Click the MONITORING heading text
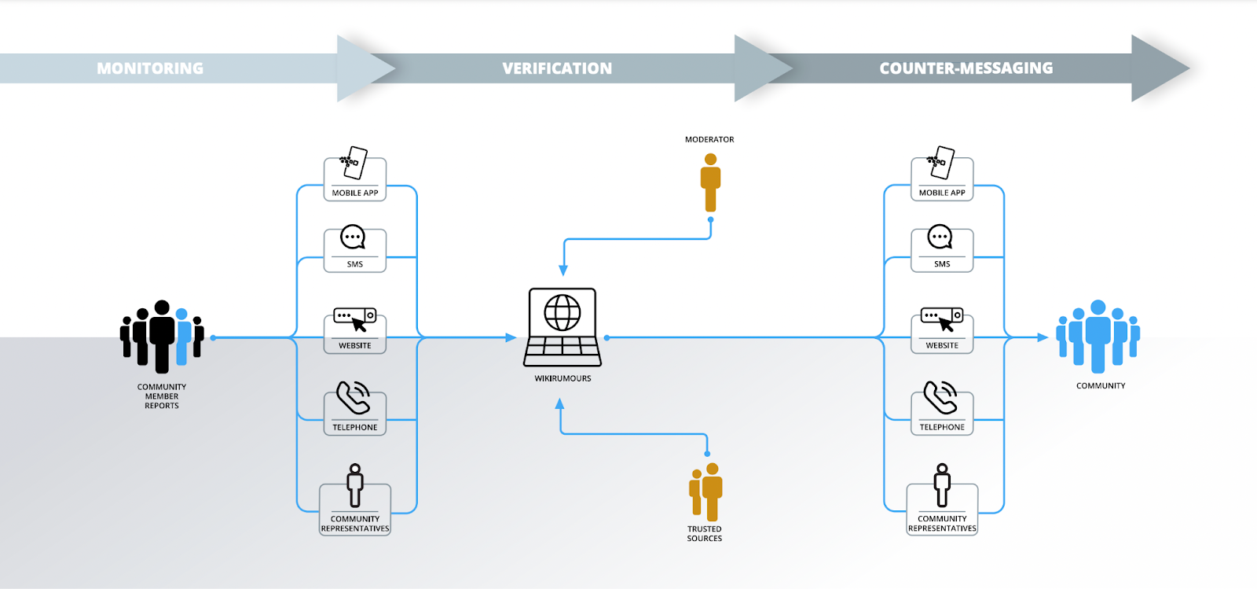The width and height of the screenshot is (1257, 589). tap(150, 68)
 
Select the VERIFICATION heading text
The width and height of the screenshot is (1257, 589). tap(557, 68)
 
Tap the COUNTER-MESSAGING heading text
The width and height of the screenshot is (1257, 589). tap(966, 68)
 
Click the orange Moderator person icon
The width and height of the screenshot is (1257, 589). tap(710, 182)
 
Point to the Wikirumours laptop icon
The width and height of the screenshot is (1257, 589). tap(563, 327)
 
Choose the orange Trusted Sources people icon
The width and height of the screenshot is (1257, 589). tap(705, 491)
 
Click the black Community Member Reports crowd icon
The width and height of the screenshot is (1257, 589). tap(162, 336)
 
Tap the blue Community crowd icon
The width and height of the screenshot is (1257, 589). tap(1098, 336)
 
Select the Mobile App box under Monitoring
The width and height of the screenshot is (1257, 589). tap(355, 179)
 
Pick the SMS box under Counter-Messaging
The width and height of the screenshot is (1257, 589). tap(942, 250)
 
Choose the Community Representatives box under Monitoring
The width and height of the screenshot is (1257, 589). tap(355, 509)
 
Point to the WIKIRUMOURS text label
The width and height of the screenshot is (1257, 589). tap(563, 378)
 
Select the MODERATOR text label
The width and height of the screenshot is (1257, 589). tap(709, 139)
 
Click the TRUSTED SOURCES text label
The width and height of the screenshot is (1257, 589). tap(705, 534)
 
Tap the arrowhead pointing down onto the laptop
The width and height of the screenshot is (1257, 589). tap(563, 270)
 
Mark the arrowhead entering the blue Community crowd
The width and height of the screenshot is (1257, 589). tap(1043, 337)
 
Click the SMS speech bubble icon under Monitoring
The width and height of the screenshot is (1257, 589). tap(353, 237)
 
